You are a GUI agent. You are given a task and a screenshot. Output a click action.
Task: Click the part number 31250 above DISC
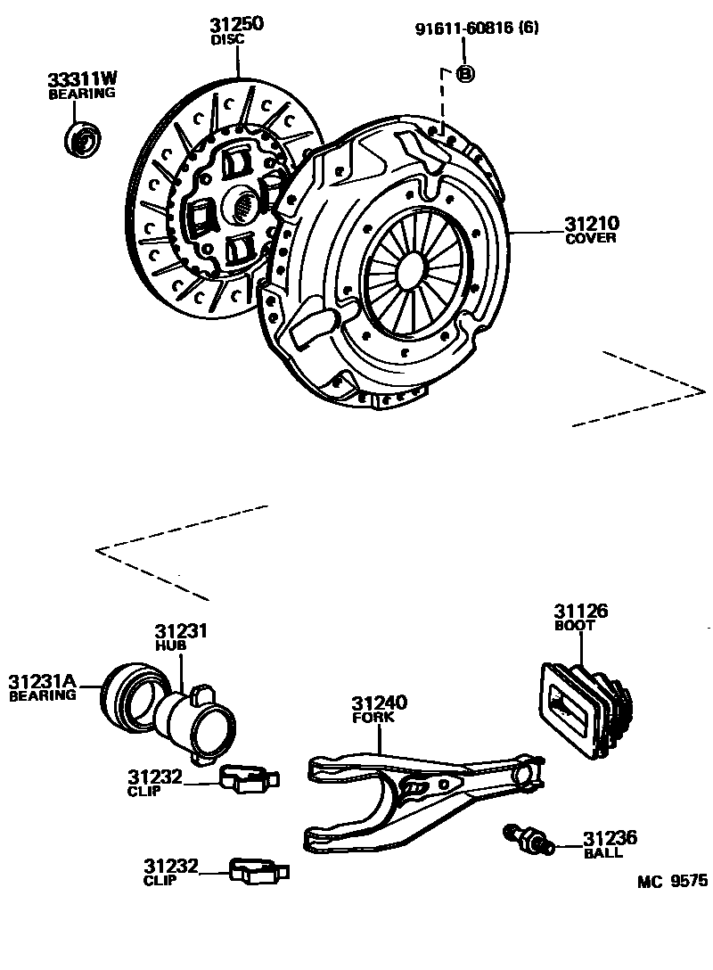point(236,25)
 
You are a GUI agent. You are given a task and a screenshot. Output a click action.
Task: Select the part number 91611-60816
point(466,29)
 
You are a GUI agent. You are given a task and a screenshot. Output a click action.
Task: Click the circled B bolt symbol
point(464,74)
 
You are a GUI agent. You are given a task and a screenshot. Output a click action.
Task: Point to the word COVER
point(591,238)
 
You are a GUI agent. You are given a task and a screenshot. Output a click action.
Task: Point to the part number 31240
point(379,703)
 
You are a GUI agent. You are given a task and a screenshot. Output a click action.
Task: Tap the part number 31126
point(580,612)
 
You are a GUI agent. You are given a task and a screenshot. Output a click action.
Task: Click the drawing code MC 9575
point(672,881)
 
